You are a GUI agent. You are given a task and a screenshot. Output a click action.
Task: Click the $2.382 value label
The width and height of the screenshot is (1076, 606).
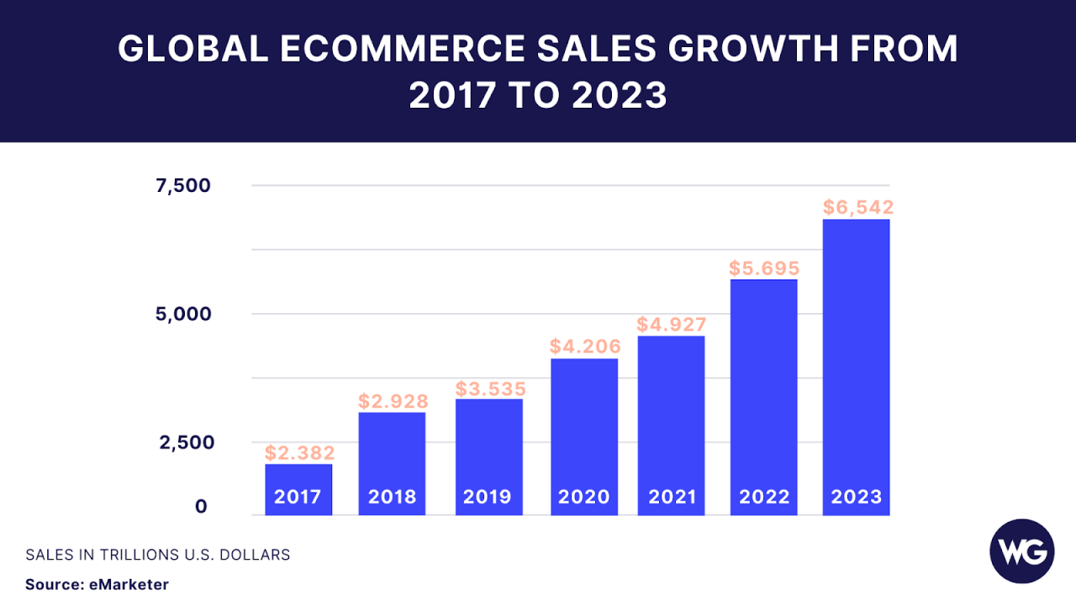coord(299,454)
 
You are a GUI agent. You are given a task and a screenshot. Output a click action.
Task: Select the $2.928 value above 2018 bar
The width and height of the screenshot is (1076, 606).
coord(393,401)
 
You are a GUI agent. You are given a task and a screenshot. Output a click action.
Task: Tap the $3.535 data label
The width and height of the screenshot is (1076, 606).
coord(490,389)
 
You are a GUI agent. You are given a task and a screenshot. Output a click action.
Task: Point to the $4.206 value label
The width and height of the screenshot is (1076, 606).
coord(584,346)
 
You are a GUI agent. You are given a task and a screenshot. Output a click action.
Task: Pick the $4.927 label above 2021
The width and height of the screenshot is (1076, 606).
coord(671,324)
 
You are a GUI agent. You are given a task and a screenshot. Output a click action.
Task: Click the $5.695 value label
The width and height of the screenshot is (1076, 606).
coord(763,268)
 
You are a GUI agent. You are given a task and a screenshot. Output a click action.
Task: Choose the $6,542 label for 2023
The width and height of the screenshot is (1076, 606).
coord(857,207)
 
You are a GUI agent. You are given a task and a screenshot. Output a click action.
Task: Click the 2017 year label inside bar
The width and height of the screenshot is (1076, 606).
coord(298,497)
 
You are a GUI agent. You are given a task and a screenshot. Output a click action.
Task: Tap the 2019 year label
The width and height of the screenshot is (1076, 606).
coord(488,497)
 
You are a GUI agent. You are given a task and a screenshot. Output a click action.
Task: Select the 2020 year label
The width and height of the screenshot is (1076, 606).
coord(583,497)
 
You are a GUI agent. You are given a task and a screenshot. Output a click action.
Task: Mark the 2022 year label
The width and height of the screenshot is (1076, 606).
coord(764,497)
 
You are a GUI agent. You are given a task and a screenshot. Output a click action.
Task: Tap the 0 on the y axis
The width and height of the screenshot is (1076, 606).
coord(201,506)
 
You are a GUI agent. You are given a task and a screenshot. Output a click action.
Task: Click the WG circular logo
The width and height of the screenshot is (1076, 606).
coord(1021,552)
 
